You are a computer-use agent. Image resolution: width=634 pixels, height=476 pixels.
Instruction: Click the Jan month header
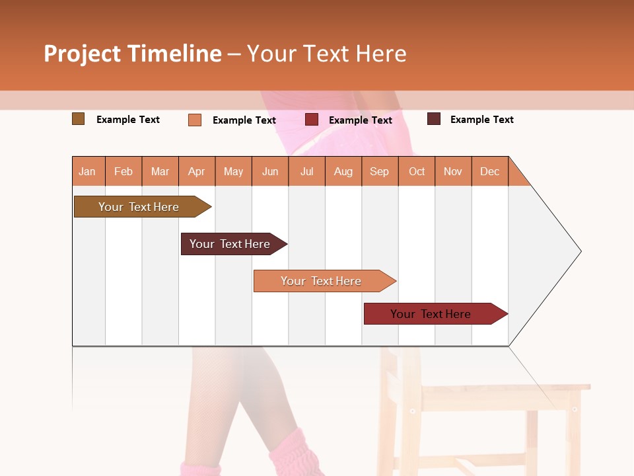(87, 171)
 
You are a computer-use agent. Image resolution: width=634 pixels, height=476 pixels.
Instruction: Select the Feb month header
(123, 171)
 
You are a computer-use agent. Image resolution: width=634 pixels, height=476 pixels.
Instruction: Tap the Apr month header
(196, 171)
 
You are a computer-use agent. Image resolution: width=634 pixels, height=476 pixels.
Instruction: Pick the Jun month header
(270, 171)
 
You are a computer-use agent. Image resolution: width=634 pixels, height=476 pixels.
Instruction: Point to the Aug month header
(343, 171)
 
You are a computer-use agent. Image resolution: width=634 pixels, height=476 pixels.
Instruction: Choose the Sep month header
(379, 171)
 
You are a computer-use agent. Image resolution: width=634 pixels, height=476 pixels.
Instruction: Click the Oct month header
(417, 171)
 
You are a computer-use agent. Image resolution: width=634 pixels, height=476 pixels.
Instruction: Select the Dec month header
(489, 171)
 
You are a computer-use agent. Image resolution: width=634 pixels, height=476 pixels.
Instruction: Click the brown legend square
(78, 119)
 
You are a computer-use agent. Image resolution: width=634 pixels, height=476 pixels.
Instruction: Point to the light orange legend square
(194, 120)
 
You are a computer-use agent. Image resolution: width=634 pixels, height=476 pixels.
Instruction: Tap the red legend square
(312, 120)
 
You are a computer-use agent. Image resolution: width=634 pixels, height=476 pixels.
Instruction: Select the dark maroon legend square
(433, 119)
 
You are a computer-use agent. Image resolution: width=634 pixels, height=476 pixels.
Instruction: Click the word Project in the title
(82, 54)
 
